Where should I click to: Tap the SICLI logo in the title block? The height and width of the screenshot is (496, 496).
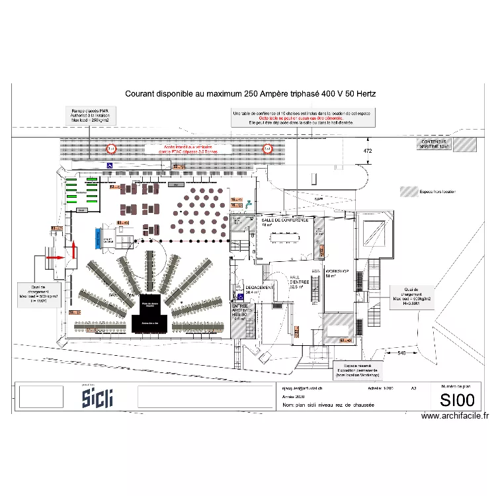click(x=97, y=397)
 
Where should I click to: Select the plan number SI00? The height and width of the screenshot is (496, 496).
click(x=457, y=400)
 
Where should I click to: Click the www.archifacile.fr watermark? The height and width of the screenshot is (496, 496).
click(x=455, y=416)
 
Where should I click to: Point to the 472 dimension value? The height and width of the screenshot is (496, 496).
click(x=368, y=151)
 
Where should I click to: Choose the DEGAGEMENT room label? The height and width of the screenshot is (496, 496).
click(x=259, y=288)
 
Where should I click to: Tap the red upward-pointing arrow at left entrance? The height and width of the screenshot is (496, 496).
click(x=73, y=250)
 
